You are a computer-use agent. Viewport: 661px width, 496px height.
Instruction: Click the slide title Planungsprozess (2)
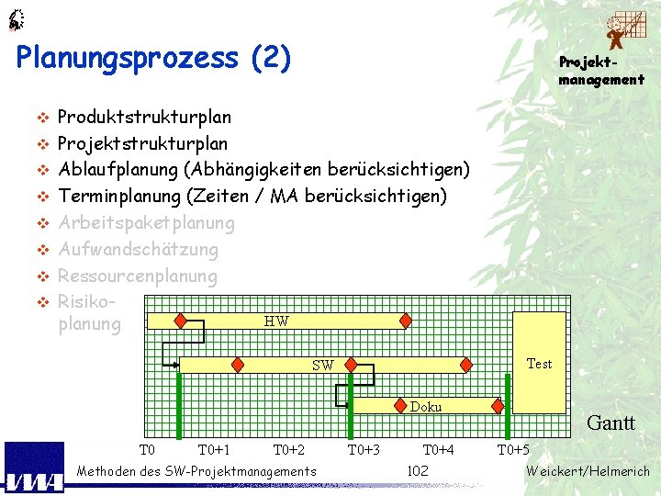tap(153, 59)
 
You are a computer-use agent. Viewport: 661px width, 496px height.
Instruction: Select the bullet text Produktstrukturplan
tap(144, 118)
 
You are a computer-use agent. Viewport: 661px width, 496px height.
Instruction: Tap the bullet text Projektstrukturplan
tap(142, 144)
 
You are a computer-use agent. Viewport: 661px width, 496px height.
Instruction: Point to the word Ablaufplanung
tap(118, 170)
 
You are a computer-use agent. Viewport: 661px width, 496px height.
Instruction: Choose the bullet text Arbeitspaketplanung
tap(146, 223)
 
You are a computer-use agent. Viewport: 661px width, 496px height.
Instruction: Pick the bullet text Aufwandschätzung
tap(138, 250)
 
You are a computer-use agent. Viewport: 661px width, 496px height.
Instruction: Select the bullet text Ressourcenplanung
tap(138, 276)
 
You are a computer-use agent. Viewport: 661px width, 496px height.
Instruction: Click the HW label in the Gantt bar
tap(275, 321)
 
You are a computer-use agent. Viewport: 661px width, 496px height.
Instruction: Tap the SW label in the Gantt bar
tap(322, 366)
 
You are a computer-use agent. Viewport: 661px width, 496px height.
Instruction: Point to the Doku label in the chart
tap(426, 407)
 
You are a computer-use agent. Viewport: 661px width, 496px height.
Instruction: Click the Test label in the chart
tap(539, 364)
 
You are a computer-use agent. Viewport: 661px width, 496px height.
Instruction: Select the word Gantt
tap(611, 423)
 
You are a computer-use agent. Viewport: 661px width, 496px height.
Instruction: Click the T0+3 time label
tap(364, 450)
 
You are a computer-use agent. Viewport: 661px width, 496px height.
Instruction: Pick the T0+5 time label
tap(513, 450)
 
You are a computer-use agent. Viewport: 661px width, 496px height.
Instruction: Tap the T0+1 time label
tap(214, 450)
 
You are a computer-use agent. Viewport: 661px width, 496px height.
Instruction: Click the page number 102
tap(418, 471)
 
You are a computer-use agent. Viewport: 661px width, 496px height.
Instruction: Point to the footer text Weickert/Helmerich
tap(588, 471)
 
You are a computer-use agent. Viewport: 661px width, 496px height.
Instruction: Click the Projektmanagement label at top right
tap(601, 71)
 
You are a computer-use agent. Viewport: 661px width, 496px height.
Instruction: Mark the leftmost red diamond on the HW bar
tap(181, 321)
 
